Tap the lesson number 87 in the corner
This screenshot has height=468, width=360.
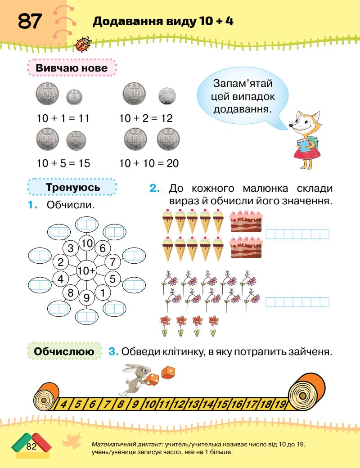pos(30,21)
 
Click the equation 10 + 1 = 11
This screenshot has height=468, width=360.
pos(63,119)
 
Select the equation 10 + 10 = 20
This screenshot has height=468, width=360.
pos(149,163)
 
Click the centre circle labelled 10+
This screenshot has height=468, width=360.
pos(86,271)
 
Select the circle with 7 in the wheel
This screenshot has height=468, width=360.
pos(113,261)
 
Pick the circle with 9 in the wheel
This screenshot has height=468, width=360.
pos(86,297)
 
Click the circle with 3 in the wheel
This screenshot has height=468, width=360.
pos(71,247)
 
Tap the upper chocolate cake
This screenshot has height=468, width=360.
pos(246,221)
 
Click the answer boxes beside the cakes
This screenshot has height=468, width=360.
pos(297,234)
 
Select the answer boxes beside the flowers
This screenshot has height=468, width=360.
pos(297,302)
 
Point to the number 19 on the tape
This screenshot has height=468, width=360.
pos(279,403)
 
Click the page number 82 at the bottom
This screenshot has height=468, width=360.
pos(31,447)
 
